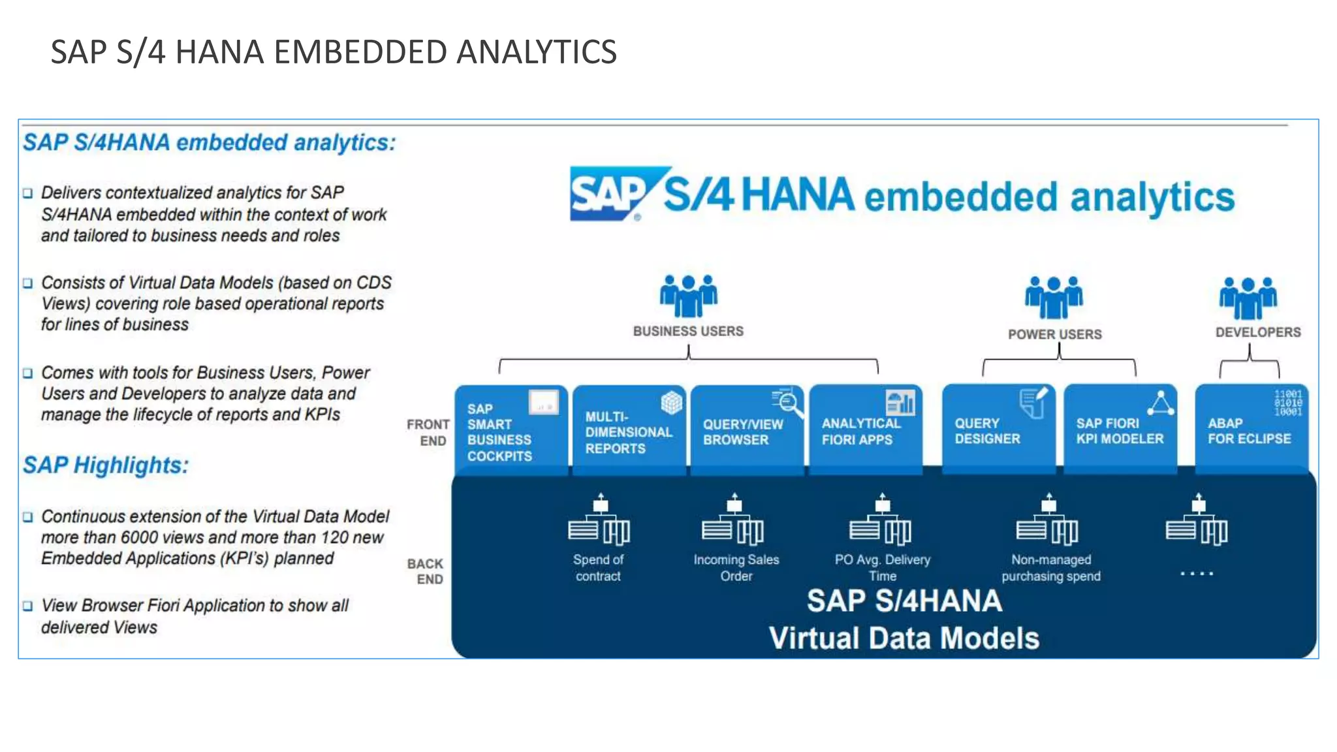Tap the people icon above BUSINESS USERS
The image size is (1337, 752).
click(688, 295)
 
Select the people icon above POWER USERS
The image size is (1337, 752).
click(1053, 297)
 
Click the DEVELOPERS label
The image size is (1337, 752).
click(1257, 332)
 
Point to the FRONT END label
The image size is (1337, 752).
click(428, 432)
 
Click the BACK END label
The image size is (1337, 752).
click(426, 571)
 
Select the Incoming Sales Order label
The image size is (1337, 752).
click(736, 567)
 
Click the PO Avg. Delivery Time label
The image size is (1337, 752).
click(882, 567)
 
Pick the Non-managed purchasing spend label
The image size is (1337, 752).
click(1050, 567)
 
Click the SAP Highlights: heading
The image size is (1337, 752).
click(106, 465)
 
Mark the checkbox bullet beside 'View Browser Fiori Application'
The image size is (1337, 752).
click(27, 606)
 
